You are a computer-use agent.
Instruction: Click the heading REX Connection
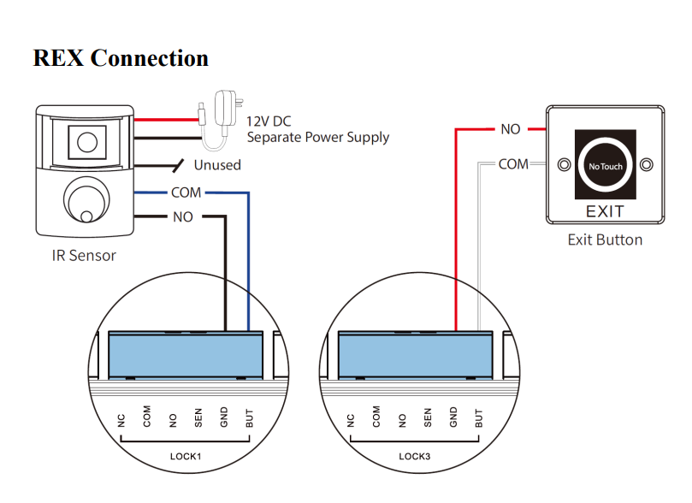[x=121, y=58]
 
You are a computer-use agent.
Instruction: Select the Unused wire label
[x=217, y=164]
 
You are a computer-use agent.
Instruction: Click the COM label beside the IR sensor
[x=186, y=192]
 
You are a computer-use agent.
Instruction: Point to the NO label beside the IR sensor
[x=183, y=217]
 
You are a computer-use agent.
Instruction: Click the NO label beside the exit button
[x=510, y=129]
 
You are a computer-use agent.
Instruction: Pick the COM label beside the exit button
[x=513, y=163]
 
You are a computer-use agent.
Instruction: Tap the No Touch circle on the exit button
[x=606, y=166]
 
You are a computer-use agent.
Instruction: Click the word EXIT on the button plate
[x=605, y=211]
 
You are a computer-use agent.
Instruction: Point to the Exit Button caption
[x=605, y=240]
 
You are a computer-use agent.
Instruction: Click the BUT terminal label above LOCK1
[x=249, y=418]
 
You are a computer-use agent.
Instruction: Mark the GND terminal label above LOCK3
[x=453, y=417]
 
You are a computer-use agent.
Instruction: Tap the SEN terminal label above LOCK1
[x=198, y=418]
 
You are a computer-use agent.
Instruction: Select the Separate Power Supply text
[x=317, y=137]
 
